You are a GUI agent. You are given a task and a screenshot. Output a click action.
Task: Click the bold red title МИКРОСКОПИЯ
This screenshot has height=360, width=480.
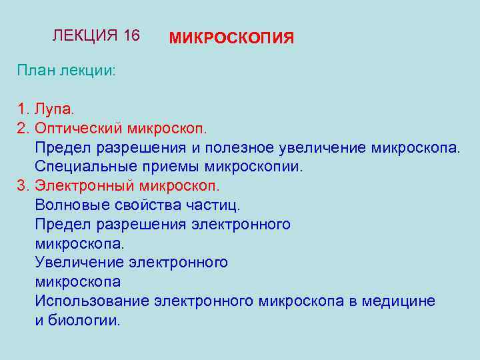pyautogui.click(x=231, y=38)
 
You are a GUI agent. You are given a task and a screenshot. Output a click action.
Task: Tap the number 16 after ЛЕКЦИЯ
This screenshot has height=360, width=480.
pyautogui.click(x=131, y=35)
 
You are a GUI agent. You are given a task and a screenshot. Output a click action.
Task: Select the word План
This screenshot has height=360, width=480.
pyautogui.click(x=36, y=71)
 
